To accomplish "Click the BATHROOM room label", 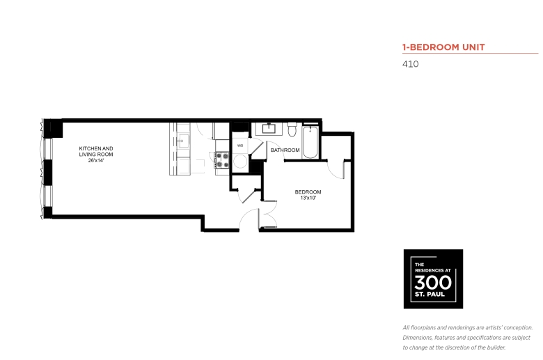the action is (285, 150).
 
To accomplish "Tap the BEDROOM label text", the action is (308, 192).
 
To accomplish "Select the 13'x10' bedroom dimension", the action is (308, 198).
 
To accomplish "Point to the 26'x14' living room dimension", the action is (96, 160).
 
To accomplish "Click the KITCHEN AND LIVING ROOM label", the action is (96, 151).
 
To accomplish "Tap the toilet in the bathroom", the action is (292, 129).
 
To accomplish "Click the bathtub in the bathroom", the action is (310, 142).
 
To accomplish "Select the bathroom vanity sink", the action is (269, 129).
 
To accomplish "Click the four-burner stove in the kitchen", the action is (222, 160).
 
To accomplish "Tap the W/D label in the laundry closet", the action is (240, 146).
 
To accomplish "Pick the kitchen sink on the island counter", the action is (183, 141).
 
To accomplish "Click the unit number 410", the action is (410, 64).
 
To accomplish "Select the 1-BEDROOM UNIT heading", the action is (443, 47).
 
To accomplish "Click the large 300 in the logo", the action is (433, 283).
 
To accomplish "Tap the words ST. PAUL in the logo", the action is (430, 295).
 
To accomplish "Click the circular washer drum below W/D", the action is (240, 162).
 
